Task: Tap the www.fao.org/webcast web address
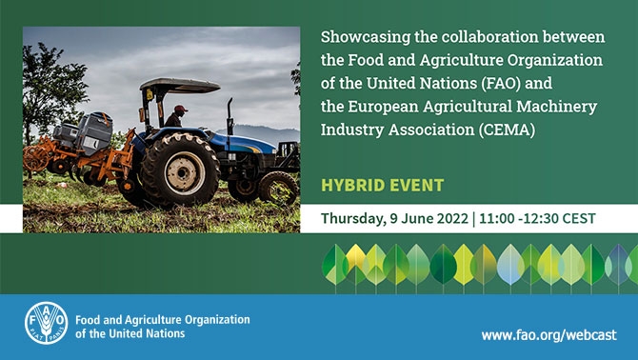pos(548,334)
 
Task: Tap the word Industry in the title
pos(352,127)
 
